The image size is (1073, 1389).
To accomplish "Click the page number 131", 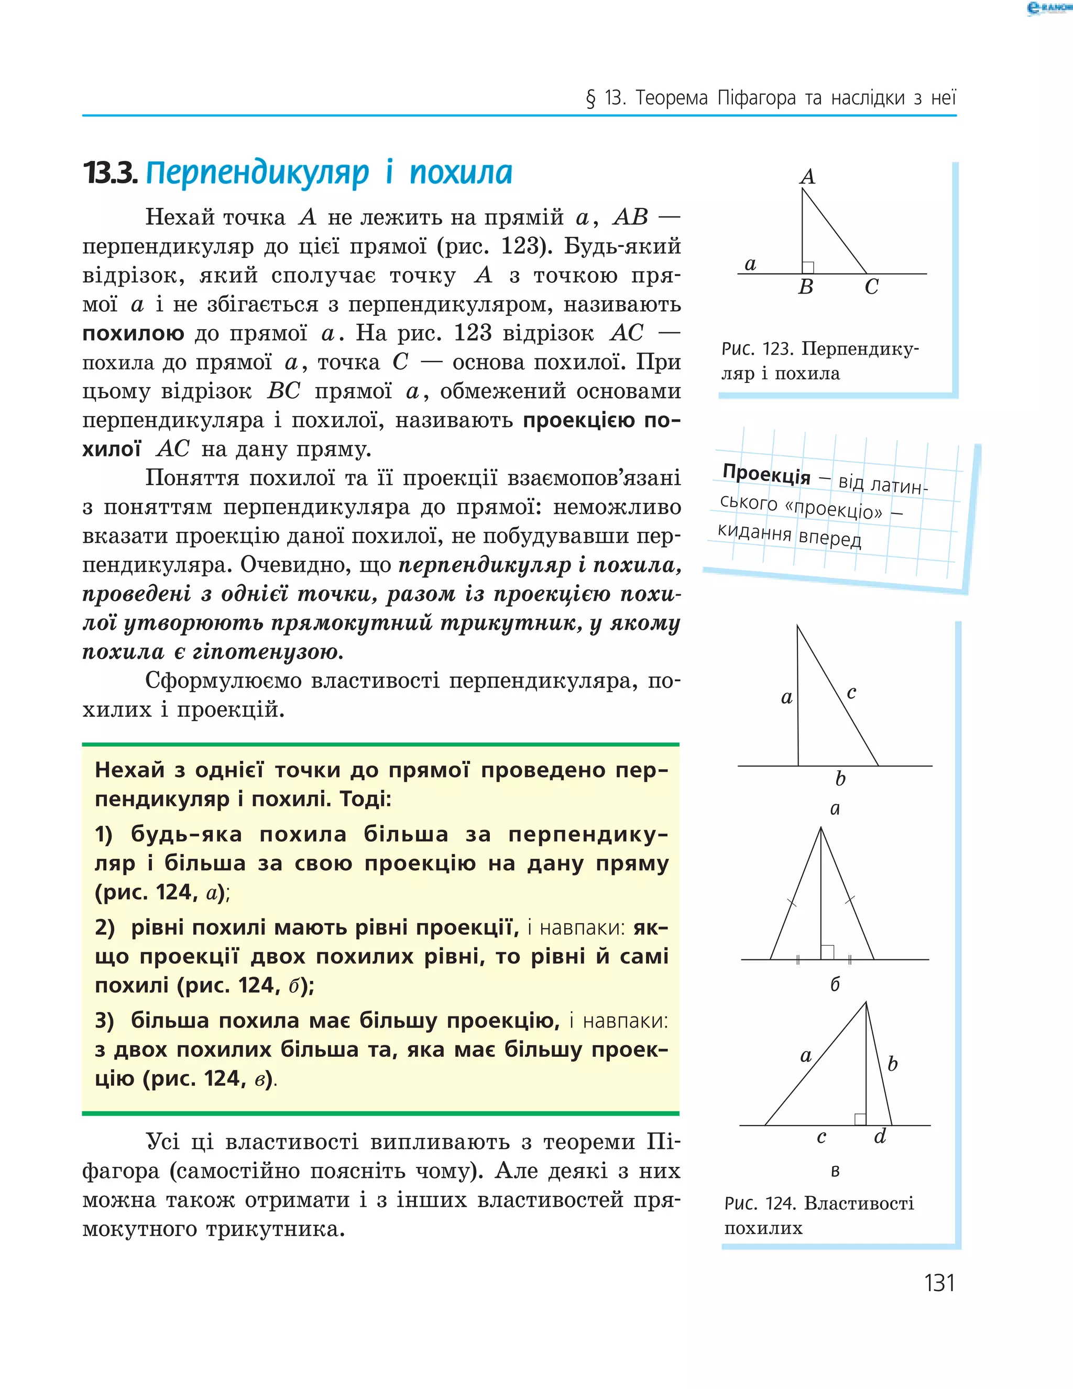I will [x=939, y=1283].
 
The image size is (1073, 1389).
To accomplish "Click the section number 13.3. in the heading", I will [x=110, y=173].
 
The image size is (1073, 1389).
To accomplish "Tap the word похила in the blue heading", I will [x=461, y=173].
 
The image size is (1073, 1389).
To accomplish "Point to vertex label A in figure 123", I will [x=807, y=176].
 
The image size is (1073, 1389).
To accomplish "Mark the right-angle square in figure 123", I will [x=808, y=268].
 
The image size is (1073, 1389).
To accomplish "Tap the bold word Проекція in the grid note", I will [x=767, y=475].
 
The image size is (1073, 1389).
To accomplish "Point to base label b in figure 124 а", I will [x=840, y=779].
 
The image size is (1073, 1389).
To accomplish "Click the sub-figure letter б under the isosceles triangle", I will [x=835, y=985].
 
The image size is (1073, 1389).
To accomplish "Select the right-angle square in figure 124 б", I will [x=827, y=952].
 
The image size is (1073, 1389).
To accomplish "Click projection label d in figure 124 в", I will [x=880, y=1136].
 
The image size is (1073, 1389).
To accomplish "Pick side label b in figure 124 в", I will [x=892, y=1064].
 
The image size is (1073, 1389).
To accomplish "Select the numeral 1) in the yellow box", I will [x=104, y=835].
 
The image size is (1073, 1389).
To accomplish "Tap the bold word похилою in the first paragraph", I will [x=133, y=333].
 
